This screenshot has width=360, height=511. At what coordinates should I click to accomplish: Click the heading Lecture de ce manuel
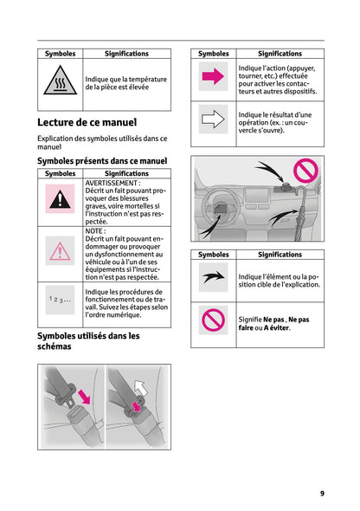click(87, 123)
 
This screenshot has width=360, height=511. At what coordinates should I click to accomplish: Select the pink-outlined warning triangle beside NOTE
click(60, 251)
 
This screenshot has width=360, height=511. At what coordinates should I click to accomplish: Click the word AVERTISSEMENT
click(112, 184)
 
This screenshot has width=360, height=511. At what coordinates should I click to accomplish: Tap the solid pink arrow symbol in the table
click(213, 78)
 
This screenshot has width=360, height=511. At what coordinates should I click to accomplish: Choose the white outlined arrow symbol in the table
click(213, 120)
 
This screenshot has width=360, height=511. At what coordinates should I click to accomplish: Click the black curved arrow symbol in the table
click(213, 278)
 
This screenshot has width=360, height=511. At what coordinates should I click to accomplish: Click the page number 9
click(321, 493)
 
